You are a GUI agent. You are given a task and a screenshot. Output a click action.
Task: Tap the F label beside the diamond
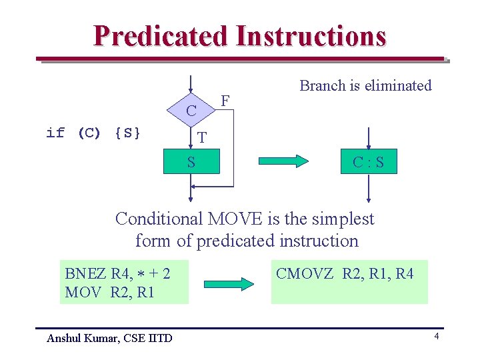click(225, 101)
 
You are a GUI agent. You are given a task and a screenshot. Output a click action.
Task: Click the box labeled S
click(191, 161)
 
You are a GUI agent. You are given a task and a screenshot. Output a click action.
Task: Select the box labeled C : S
click(368, 161)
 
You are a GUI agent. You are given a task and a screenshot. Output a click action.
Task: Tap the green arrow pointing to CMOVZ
click(229, 283)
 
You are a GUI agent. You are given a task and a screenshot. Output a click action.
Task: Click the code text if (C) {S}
click(93, 133)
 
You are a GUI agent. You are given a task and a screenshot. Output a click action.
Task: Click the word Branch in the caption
click(323, 85)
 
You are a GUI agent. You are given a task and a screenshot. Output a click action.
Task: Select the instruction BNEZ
click(86, 273)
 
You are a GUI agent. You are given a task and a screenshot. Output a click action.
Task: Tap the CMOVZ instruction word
click(305, 273)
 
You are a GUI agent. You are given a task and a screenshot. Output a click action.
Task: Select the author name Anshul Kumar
click(83, 338)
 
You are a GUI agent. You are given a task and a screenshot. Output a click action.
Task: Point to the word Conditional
click(159, 219)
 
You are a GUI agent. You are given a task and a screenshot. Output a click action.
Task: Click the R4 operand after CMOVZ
click(404, 273)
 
